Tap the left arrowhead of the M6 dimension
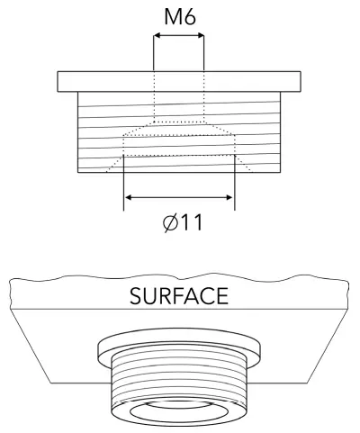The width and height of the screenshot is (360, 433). pos(157,37)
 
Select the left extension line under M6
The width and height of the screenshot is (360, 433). pos(154,54)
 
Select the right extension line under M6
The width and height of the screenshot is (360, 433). pos(203,54)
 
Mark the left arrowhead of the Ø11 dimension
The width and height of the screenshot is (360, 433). pos(129,197)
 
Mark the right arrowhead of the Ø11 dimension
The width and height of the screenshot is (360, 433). pos(229,197)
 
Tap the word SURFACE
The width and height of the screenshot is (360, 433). pos(179,295)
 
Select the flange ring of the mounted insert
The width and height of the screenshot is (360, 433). pos(179,347)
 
